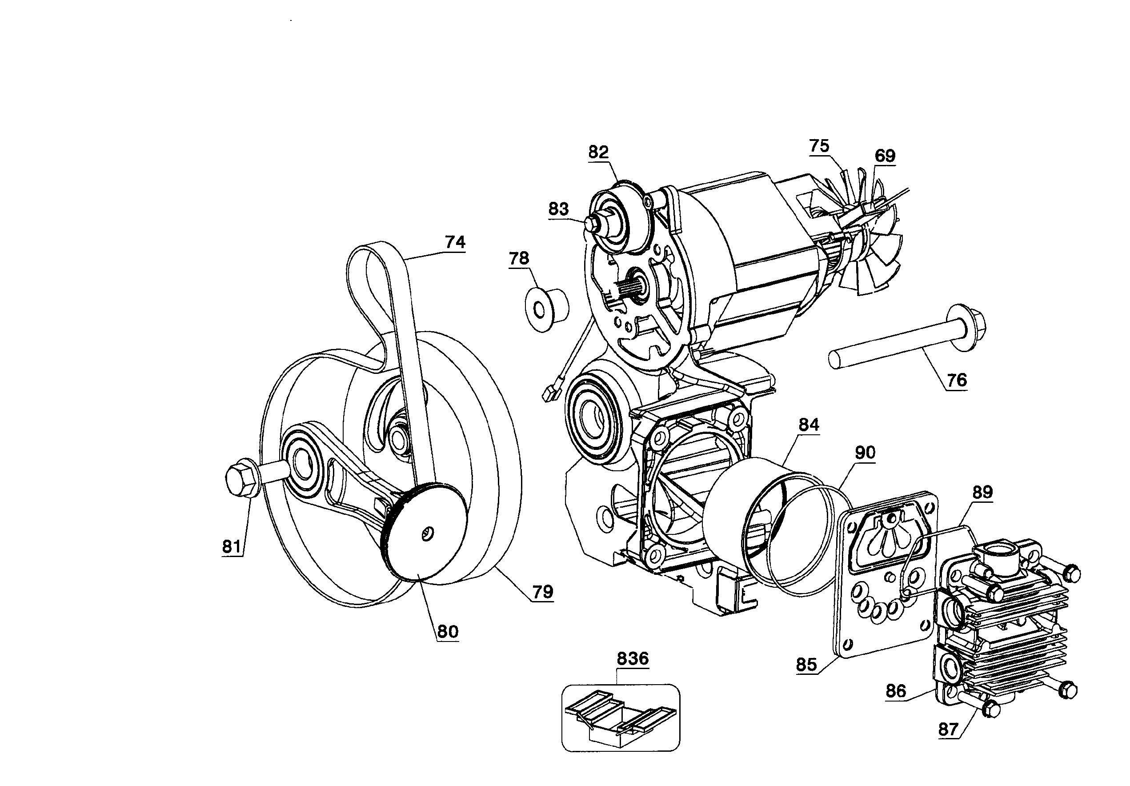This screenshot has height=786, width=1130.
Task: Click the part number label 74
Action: tap(455, 242)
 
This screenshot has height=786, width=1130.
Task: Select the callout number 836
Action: tap(633, 658)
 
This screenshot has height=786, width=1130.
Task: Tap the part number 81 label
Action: tap(231, 546)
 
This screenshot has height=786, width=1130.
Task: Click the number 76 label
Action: tap(956, 380)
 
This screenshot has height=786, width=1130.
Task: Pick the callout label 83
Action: tap(558, 209)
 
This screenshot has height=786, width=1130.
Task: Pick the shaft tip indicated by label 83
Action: tap(589, 222)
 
